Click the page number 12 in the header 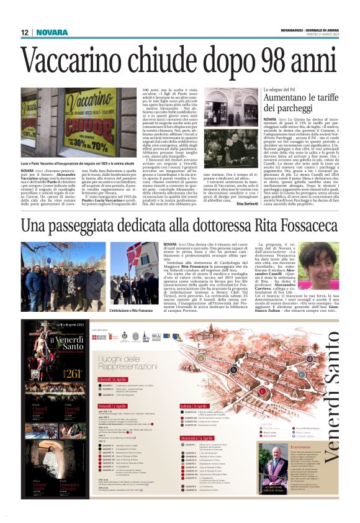pos(25,32)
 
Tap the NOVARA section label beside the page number pos(56,32)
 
